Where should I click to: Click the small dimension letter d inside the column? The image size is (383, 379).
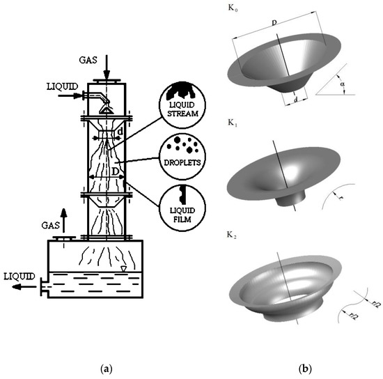pos(120,131)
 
